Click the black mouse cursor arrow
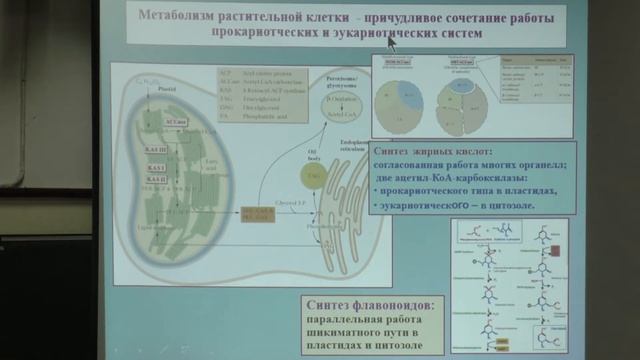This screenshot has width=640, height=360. click(x=392, y=41)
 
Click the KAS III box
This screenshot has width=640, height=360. click(x=156, y=148)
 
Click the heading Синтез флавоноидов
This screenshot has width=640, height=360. click(x=367, y=304)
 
